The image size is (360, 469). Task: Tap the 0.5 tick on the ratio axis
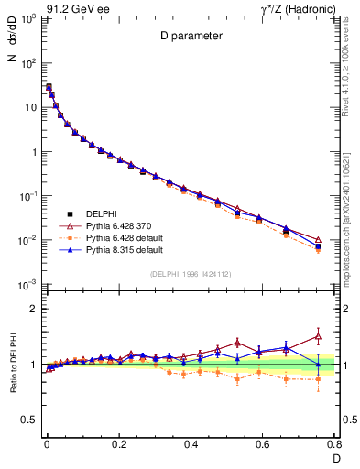coord(30,420)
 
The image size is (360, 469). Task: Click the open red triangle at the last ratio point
coord(318,336)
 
